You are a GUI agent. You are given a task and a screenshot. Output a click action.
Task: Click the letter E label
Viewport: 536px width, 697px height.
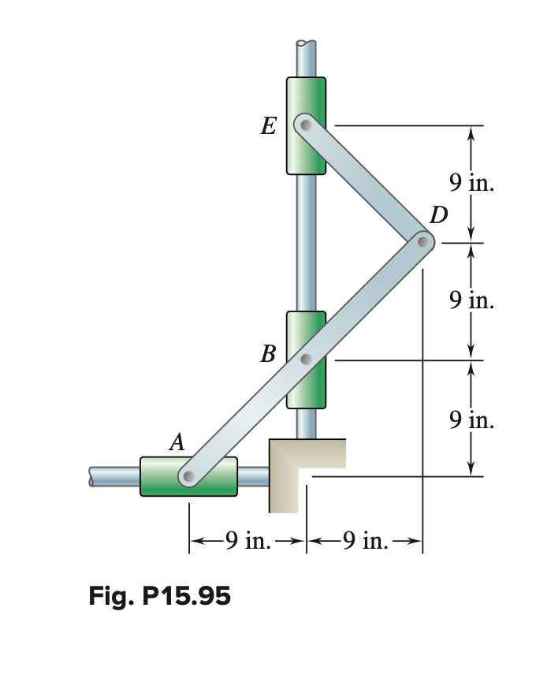pyautogui.click(x=268, y=126)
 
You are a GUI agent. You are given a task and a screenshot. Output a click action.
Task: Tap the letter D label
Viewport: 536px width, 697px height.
pyautogui.click(x=438, y=214)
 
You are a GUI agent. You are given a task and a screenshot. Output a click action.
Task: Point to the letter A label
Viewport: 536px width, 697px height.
pyautogui.click(x=177, y=443)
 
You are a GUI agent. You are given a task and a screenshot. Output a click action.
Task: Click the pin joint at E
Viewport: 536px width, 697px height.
pyautogui.click(x=305, y=125)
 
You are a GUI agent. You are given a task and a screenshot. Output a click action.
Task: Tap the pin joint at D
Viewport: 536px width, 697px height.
pyautogui.click(x=423, y=241)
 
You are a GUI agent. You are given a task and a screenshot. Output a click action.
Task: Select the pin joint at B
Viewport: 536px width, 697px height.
pyautogui.click(x=307, y=360)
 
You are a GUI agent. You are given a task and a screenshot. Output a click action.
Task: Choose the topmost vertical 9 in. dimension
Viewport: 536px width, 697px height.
pyautogui.click(x=471, y=184)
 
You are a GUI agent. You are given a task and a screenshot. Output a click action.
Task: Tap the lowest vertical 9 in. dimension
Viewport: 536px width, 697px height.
pyautogui.click(x=471, y=419)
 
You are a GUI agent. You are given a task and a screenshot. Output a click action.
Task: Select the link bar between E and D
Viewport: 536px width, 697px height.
pyautogui.click(x=364, y=183)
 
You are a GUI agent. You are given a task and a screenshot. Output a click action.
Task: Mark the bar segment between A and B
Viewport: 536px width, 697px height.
pyautogui.click(x=248, y=418)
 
